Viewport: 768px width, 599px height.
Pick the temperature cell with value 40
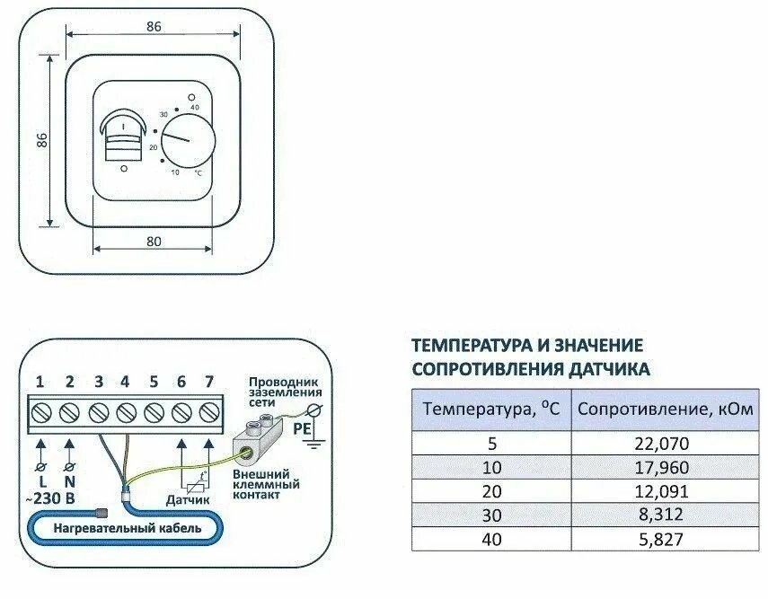click(491, 539)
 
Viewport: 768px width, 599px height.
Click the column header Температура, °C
click(491, 410)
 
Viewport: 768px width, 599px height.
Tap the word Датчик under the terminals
click(187, 499)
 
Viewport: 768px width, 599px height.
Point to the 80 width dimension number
click(153, 240)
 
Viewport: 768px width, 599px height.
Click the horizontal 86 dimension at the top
click(153, 26)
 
